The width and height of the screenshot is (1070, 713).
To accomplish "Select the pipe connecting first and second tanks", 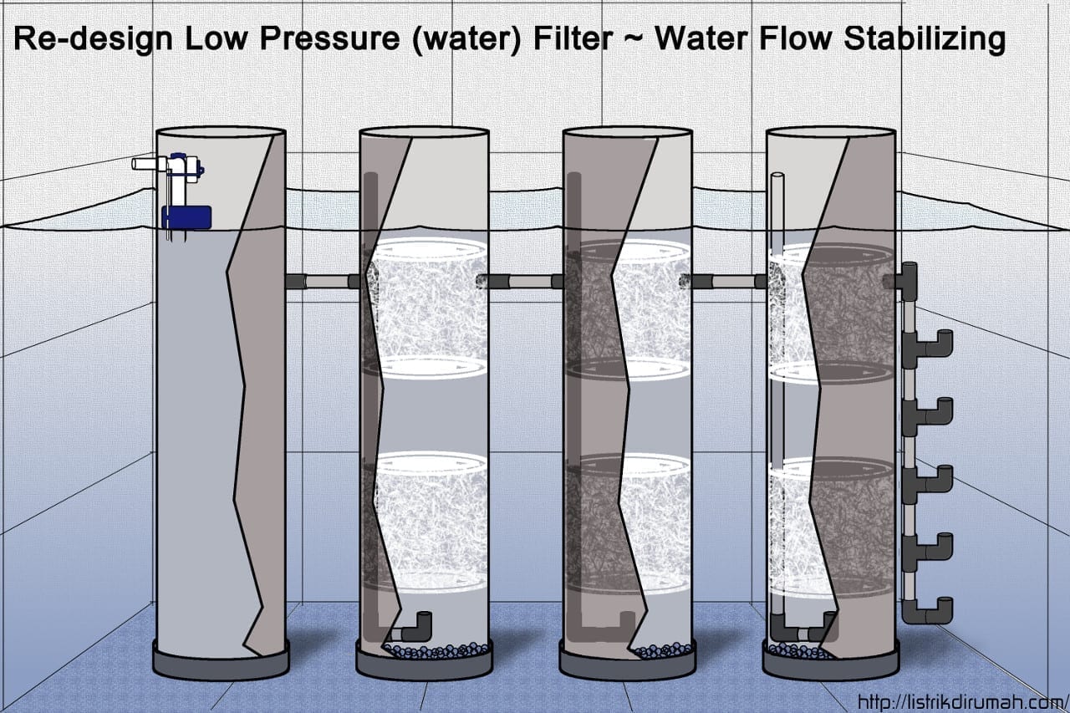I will click(322, 282).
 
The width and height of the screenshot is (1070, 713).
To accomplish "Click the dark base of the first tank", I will click(221, 660).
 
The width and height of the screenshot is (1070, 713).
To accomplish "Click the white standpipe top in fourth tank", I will click(777, 177).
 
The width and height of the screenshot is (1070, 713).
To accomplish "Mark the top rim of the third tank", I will click(628, 132).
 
